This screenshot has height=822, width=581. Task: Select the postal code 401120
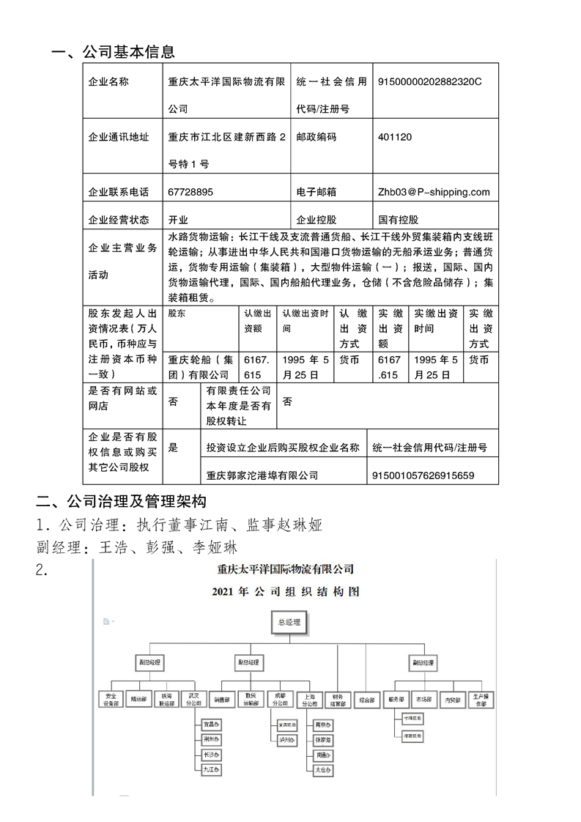(x=394, y=137)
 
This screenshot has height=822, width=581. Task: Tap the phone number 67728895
(x=190, y=192)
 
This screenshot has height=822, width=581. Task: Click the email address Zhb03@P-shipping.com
(x=434, y=192)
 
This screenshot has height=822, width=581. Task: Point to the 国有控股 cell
(x=399, y=219)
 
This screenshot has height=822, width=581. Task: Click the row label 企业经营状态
(x=118, y=219)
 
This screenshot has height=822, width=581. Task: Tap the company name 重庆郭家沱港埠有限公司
(x=262, y=475)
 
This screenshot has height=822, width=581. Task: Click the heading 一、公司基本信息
(x=113, y=52)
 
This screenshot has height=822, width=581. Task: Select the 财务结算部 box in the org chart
(x=337, y=700)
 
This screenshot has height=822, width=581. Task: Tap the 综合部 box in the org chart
(x=368, y=700)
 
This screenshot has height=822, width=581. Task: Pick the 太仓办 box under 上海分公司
(x=322, y=770)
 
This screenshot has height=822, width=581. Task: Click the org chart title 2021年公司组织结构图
(x=286, y=591)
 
